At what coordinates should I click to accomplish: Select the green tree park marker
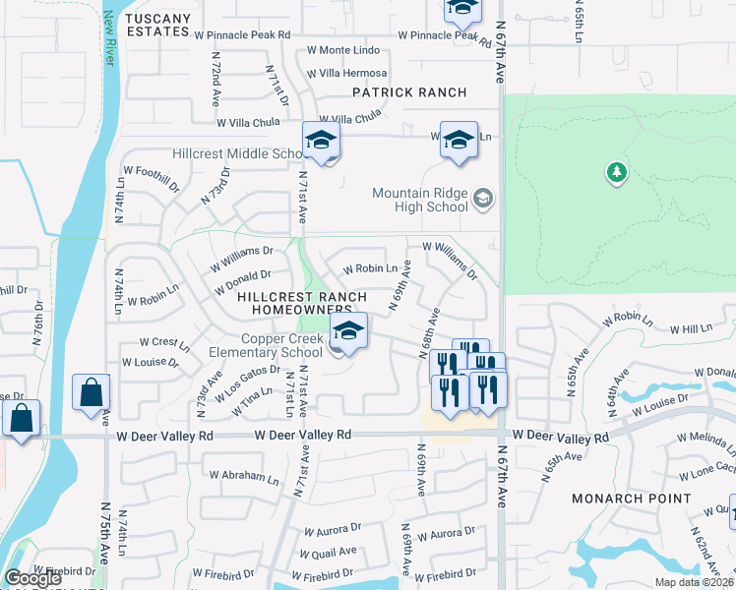(x=617, y=173)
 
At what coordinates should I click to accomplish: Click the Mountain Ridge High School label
(x=420, y=200)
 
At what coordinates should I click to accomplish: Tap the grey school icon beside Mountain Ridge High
(x=482, y=200)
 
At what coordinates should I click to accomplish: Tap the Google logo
(x=31, y=578)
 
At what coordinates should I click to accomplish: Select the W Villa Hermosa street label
(x=346, y=73)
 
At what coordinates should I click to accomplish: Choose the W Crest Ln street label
(x=163, y=343)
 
